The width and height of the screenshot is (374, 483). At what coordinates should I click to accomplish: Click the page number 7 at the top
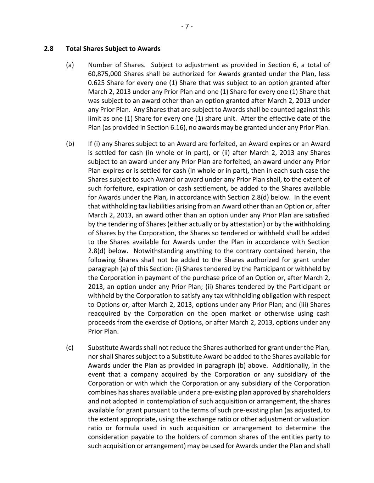187,26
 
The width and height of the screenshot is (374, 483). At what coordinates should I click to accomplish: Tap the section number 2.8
49,49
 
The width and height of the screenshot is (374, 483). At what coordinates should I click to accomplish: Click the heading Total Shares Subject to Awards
113,49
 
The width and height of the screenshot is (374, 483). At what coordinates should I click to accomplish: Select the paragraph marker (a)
70,65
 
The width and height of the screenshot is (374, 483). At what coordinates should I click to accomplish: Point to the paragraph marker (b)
70,144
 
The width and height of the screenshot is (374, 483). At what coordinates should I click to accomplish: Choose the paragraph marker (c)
70,348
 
